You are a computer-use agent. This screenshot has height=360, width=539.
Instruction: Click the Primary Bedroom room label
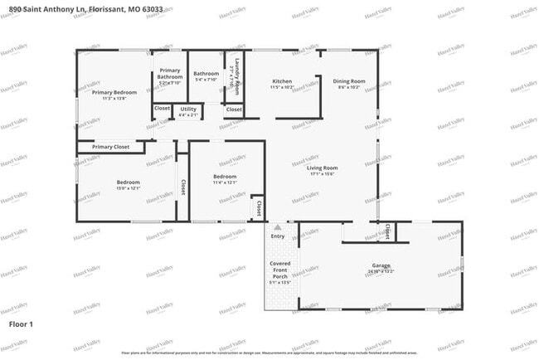114,92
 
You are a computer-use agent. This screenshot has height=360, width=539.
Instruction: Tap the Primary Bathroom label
170,71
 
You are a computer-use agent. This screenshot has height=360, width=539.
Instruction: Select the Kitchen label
282,81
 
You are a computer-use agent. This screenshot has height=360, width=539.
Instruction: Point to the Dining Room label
349,81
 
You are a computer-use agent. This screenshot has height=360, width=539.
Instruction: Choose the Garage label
381,265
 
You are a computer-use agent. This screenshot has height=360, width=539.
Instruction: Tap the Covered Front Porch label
279,270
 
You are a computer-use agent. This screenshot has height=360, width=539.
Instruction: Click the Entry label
277,236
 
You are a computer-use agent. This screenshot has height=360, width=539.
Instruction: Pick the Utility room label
188,109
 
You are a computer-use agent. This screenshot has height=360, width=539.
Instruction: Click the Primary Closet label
110,147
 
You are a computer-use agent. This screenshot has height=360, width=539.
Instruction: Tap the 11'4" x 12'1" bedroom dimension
225,182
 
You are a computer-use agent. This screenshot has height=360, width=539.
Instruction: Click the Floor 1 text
21,324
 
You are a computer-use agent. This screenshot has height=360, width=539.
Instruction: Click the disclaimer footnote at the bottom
269,353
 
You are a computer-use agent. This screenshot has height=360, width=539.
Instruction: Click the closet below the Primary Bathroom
162,109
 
